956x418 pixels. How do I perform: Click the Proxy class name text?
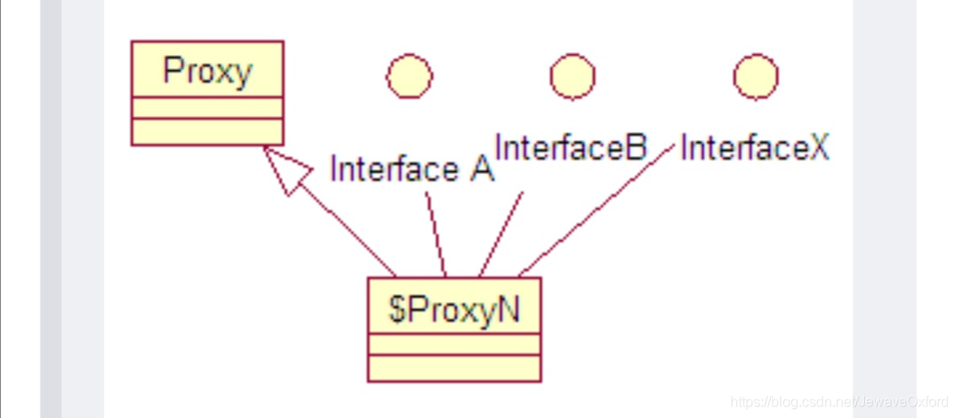(207, 73)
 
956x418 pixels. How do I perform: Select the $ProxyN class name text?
(454, 309)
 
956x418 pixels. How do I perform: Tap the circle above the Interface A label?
(410, 75)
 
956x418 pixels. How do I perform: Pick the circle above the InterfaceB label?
(573, 75)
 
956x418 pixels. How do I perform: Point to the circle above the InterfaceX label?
(755, 75)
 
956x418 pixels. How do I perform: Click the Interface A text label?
(412, 168)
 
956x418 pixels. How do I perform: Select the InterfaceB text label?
(571, 147)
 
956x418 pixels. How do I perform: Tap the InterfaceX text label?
(755, 147)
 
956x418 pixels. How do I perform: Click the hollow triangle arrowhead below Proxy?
(287, 168)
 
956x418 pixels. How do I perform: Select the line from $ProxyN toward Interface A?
(436, 235)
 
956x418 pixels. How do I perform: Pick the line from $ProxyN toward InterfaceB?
(501, 235)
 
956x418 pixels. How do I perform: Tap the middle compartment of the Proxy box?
(207, 107)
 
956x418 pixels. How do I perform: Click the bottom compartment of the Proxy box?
(207, 131)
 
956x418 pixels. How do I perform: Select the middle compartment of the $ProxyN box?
(454, 344)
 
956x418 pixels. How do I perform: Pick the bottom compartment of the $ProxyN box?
(454, 368)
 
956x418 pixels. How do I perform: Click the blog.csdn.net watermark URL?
(839, 401)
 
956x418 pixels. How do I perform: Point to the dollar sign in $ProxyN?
(397, 310)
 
